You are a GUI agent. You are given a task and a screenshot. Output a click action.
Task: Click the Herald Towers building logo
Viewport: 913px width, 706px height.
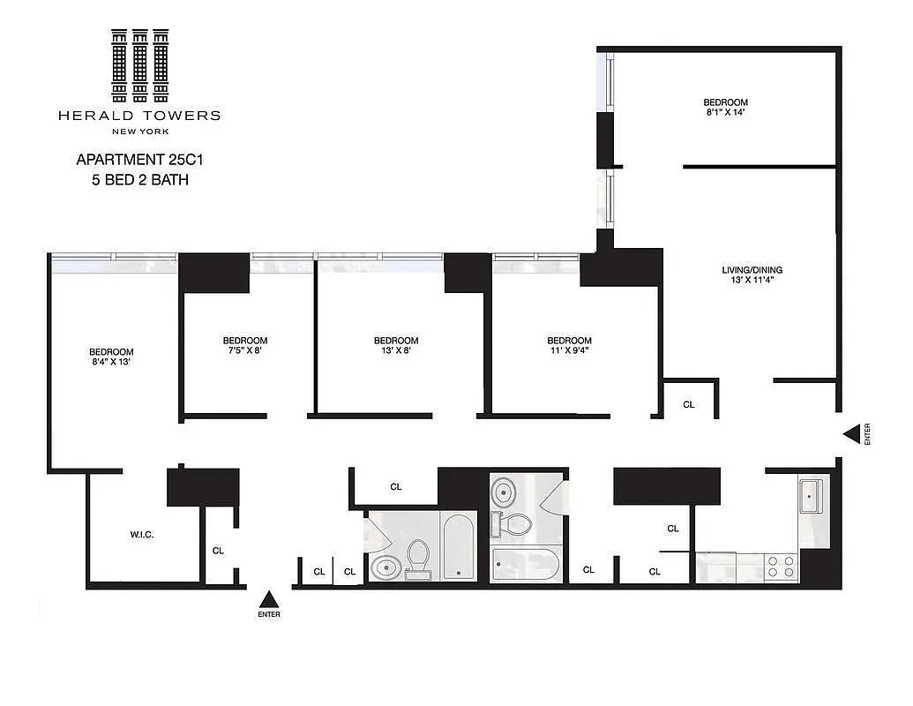click(x=139, y=66)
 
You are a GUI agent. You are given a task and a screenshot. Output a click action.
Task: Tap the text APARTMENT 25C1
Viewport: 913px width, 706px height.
click(x=132, y=160)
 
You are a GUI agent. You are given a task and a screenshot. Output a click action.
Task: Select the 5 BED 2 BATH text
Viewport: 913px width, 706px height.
click(x=132, y=180)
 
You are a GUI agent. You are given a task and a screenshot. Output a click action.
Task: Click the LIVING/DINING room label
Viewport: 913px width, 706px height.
click(x=752, y=270)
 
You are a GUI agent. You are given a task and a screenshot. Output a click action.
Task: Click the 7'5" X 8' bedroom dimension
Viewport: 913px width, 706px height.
click(x=244, y=350)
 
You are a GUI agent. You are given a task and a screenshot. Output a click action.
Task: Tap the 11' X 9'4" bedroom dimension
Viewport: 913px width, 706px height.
click(x=569, y=350)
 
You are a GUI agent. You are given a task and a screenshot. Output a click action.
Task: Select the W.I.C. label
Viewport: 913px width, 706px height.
click(x=142, y=535)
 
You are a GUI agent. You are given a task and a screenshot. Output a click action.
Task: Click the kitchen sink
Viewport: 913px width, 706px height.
click(x=812, y=495)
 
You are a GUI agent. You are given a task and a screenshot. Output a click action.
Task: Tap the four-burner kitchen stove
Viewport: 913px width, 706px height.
click(x=781, y=566)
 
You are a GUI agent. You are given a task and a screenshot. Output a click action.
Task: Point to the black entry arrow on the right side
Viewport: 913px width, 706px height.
click(x=851, y=433)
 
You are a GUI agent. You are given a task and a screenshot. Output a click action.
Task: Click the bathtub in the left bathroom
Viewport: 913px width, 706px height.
click(x=459, y=546)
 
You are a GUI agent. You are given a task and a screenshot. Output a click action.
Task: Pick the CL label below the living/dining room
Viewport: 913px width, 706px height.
click(x=689, y=404)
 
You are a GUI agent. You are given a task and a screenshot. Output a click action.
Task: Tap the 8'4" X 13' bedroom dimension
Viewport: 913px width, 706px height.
click(x=111, y=361)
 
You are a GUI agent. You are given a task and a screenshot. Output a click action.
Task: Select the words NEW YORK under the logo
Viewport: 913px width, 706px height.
click(x=139, y=131)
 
